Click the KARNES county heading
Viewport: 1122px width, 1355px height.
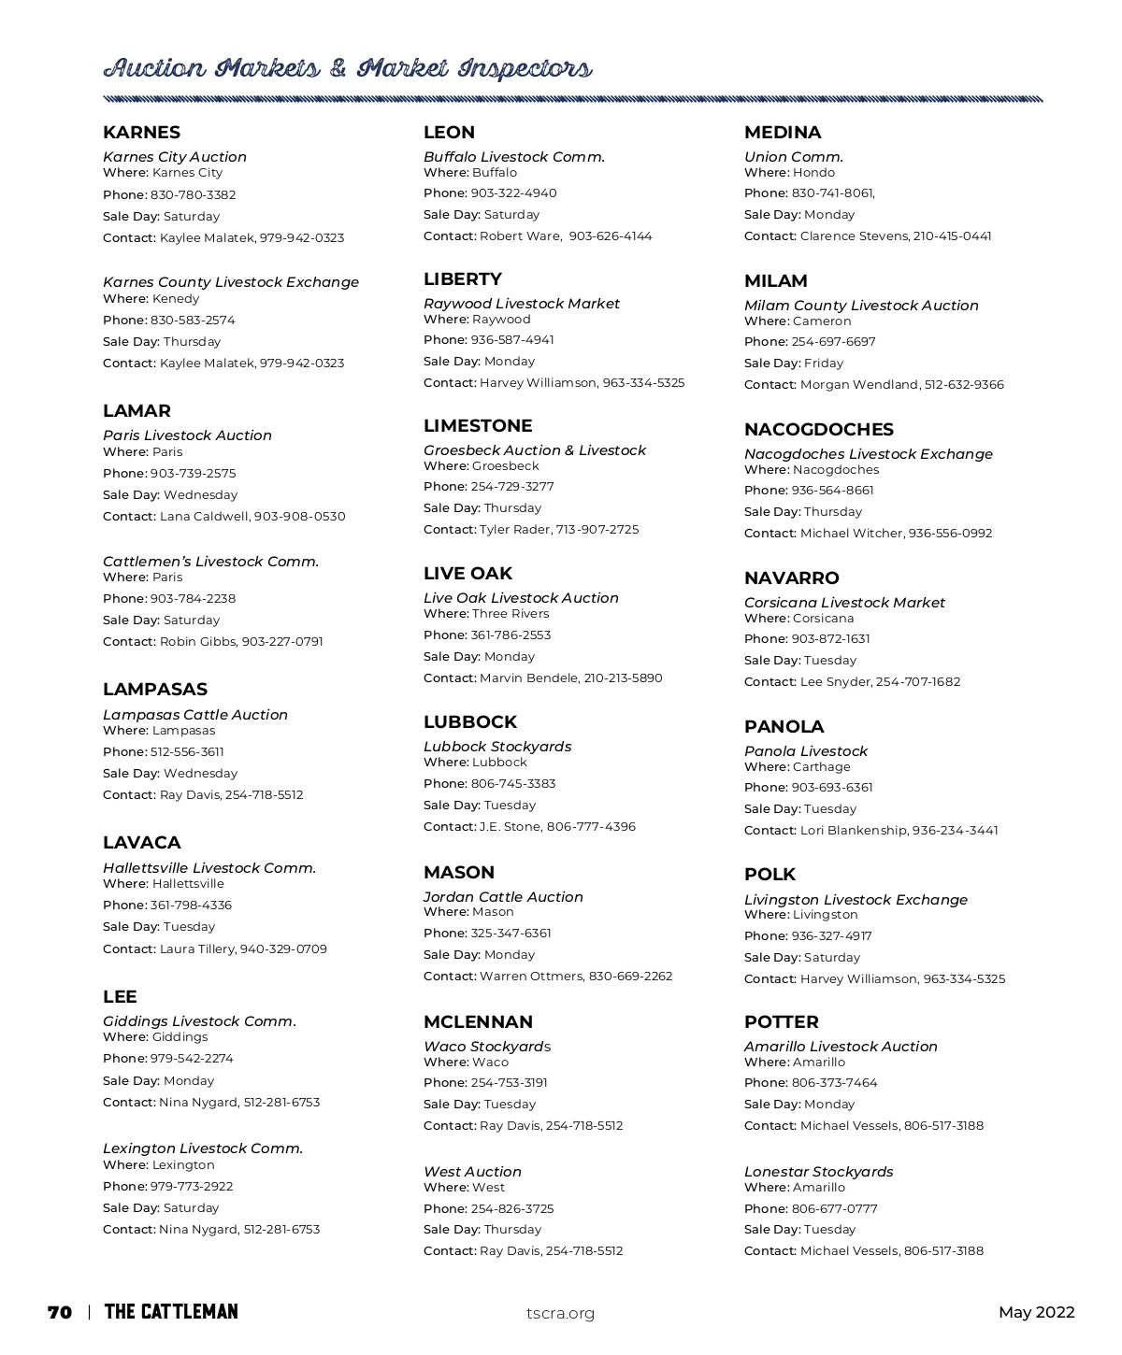coord(141,133)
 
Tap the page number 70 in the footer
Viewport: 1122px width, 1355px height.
coord(60,1312)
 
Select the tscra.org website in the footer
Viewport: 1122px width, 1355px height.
coord(560,1313)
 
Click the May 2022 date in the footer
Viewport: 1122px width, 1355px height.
coord(1036,1312)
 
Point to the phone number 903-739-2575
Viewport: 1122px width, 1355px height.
coord(193,474)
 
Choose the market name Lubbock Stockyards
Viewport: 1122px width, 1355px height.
coord(496,747)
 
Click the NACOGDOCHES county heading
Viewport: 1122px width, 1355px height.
coord(818,430)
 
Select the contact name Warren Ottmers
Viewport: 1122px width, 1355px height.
coord(531,977)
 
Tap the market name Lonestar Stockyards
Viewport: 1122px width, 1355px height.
coord(818,1172)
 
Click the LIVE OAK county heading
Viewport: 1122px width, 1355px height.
coord(467,574)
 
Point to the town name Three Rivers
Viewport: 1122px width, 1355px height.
coord(511,614)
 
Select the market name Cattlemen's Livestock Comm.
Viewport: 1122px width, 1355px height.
coord(210,562)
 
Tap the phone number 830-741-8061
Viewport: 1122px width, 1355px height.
coord(832,193)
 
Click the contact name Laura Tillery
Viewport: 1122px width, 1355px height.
coord(197,949)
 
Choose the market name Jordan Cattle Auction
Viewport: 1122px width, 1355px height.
coord(503,897)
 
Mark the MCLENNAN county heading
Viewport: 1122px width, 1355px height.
coord(478,1022)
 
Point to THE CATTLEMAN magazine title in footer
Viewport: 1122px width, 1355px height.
coord(171,1312)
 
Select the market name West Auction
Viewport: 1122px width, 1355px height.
coord(472,1172)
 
